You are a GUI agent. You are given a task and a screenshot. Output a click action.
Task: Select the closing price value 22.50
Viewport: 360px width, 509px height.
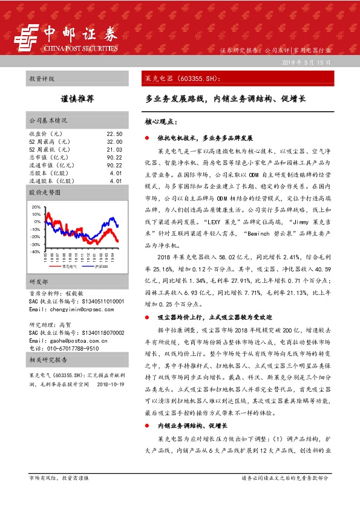coord(114,134)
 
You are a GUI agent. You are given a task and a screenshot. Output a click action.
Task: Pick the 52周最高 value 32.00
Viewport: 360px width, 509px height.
coord(114,141)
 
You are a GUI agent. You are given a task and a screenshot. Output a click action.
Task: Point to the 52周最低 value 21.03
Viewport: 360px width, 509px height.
coord(114,149)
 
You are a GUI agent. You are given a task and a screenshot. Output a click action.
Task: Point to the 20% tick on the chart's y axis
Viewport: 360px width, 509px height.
coord(36,207)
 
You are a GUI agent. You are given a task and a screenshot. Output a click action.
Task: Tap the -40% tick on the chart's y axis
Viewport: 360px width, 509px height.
coord(35,251)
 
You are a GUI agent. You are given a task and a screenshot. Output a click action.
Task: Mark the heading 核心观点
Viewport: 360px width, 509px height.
coord(160,122)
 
